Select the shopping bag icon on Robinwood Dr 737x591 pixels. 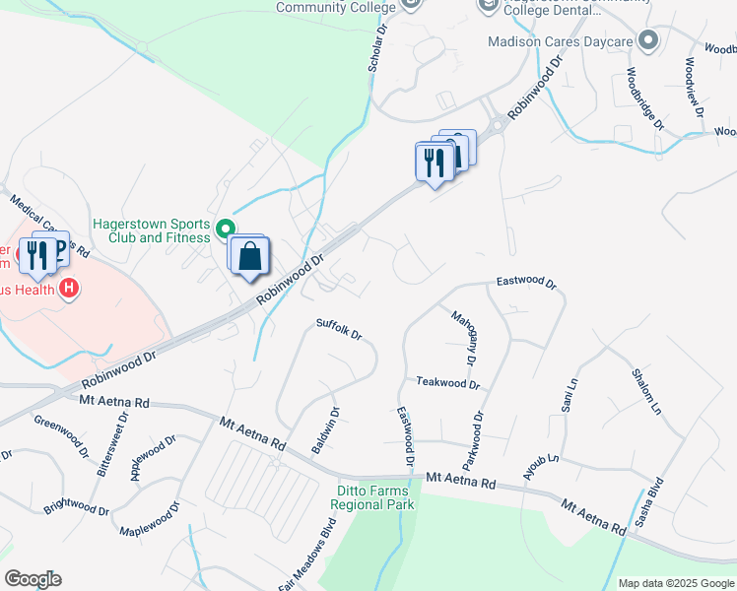tap(251, 256)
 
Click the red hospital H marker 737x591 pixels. tap(69, 289)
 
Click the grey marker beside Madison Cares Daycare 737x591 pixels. tap(648, 41)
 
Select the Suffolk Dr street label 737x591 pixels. tap(339, 329)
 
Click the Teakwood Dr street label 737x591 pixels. tap(447, 383)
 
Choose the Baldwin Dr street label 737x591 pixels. tap(326, 430)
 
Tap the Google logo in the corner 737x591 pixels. tap(33, 579)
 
